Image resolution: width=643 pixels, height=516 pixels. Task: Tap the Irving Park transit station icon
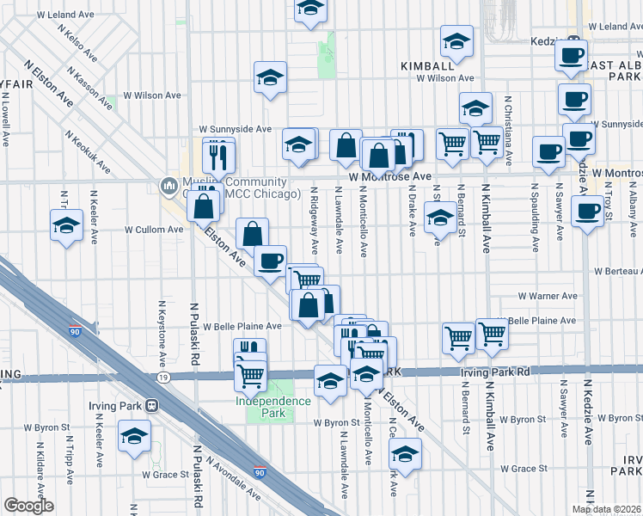pyautogui.click(x=151, y=406)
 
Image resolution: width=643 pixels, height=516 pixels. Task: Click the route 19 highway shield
pyautogui.click(x=162, y=377)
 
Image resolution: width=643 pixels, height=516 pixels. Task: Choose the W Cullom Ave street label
pyautogui.click(x=154, y=230)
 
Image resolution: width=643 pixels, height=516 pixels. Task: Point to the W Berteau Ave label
pyautogui.click(x=617, y=272)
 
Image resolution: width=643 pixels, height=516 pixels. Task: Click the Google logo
pyautogui.click(x=28, y=506)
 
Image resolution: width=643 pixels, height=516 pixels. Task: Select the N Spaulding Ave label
pyautogui.click(x=535, y=216)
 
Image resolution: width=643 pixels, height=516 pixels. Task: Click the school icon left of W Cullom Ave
pyautogui.click(x=66, y=226)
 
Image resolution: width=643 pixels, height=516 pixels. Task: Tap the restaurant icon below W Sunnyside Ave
pyautogui.click(x=218, y=155)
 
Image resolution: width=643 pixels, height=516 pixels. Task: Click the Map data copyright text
pyautogui.click(x=607, y=510)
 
